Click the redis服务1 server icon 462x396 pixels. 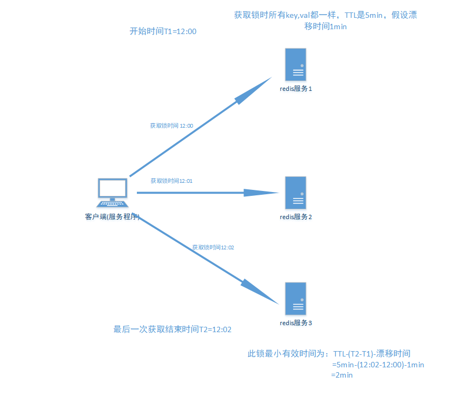(x=296, y=64)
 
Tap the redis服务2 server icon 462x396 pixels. (x=296, y=193)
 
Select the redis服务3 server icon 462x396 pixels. (x=296, y=299)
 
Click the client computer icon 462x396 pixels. (x=113, y=193)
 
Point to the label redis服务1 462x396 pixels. (x=296, y=89)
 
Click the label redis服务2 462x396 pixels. (x=296, y=217)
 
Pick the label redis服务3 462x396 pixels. (x=296, y=323)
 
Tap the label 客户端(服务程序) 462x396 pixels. (x=113, y=217)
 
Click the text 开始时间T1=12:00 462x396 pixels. (x=163, y=32)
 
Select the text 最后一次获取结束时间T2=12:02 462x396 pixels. (x=173, y=329)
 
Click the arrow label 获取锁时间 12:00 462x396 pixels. (x=171, y=126)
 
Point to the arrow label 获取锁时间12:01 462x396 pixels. (x=171, y=181)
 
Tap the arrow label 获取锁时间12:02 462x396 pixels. (x=213, y=247)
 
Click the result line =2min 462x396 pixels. (x=342, y=375)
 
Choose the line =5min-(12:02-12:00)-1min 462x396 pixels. (x=378, y=365)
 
